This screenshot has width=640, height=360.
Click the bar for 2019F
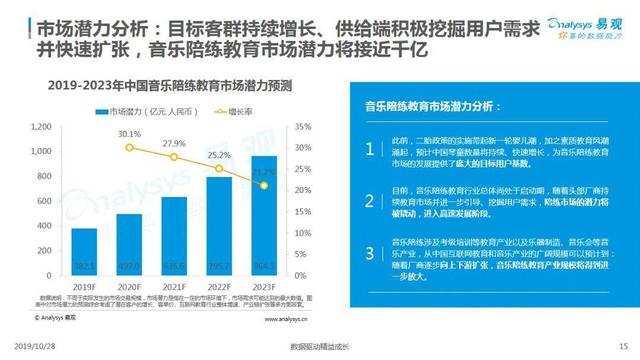pyautogui.click(x=84, y=258)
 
